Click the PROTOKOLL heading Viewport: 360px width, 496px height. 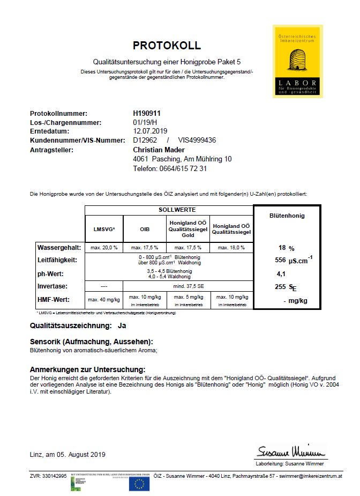tap(167, 46)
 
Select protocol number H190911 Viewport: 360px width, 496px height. tap(147, 114)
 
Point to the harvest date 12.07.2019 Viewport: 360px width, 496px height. tap(151, 131)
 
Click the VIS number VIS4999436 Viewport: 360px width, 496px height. tap(197, 140)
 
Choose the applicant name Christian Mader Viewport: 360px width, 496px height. tap(159, 150)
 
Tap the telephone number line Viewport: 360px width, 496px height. tap(170, 168)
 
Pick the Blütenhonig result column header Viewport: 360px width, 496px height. tap(287, 216)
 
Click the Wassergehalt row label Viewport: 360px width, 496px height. tap(59, 248)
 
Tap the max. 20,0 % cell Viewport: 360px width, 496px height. tap(104, 248)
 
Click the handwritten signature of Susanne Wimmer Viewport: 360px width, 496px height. tap(291, 450)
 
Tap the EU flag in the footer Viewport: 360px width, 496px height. tap(139, 484)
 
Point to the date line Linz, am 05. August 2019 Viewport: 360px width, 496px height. tap(67, 454)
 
